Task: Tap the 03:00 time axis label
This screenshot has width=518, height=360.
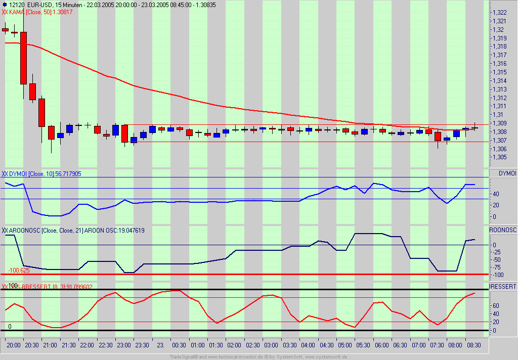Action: click(x=271, y=345)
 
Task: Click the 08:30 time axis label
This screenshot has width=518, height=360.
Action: click(x=474, y=345)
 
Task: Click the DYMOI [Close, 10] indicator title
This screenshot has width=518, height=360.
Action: click(x=30, y=173)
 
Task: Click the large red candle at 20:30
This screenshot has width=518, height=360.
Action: click(x=23, y=58)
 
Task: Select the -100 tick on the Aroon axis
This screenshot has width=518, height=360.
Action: click(x=498, y=275)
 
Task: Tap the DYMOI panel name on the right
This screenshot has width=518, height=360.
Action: click(x=507, y=173)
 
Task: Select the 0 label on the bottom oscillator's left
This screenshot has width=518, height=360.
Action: click(x=10, y=327)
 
